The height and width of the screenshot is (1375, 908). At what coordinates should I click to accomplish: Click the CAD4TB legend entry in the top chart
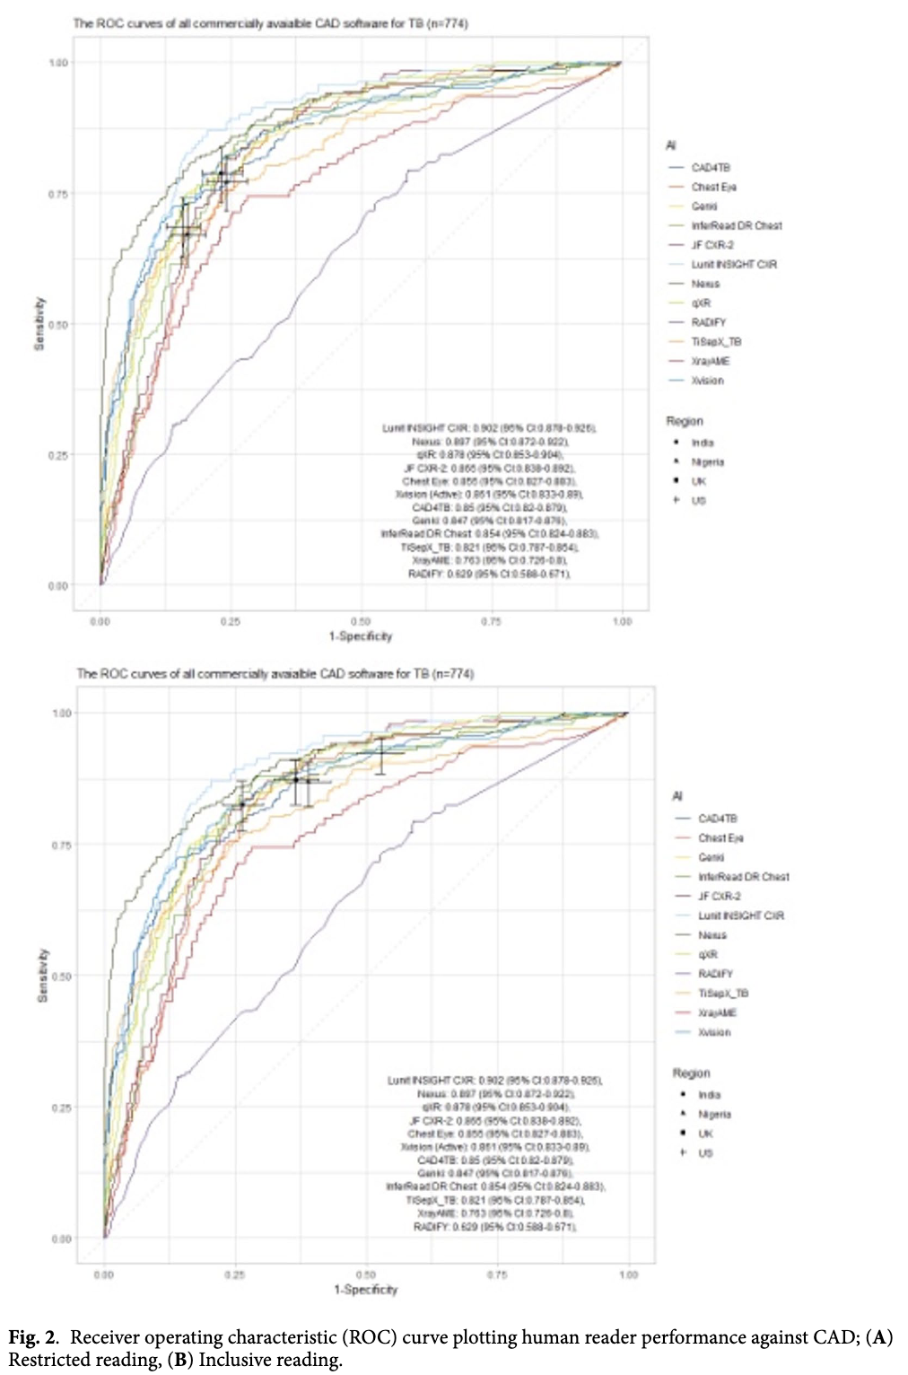click(710, 168)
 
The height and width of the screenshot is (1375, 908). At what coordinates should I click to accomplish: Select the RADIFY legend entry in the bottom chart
click(715, 974)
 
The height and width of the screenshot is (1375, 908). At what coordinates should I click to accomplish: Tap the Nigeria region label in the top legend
click(707, 462)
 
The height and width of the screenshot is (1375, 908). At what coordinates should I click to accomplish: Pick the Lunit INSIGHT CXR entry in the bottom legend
click(740, 915)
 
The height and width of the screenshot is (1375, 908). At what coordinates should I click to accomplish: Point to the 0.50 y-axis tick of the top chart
click(57, 325)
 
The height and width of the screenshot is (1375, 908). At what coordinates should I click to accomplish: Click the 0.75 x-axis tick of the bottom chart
click(497, 1274)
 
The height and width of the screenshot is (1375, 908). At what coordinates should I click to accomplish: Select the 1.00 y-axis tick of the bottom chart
click(61, 714)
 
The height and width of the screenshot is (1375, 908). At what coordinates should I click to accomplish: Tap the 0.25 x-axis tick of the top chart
click(230, 621)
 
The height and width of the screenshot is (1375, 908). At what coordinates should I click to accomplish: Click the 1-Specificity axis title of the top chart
click(361, 636)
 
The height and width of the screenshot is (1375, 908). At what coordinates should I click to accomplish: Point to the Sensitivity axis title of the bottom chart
click(41, 976)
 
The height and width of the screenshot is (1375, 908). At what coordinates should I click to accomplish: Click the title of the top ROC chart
click(270, 23)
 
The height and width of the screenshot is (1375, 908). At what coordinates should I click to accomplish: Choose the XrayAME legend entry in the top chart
click(710, 361)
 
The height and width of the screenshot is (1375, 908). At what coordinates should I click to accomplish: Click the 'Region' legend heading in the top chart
click(685, 421)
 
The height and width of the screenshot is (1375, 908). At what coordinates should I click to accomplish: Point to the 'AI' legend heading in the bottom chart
click(677, 796)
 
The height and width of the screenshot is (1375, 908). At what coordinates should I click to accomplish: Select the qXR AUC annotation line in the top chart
click(489, 455)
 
